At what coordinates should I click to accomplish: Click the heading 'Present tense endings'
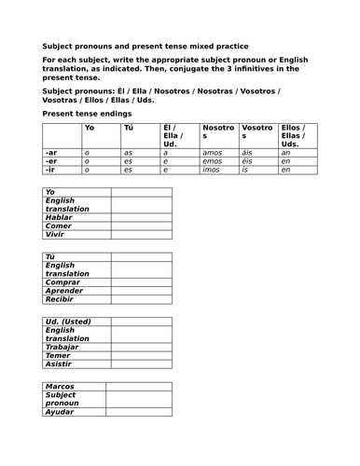click(85, 113)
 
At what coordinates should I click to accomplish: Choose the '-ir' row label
click(50, 170)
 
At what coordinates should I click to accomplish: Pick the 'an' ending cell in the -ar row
click(285, 151)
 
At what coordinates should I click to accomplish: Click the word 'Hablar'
click(59, 217)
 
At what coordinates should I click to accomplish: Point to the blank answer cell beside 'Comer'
click(141, 226)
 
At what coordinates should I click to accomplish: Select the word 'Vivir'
click(55, 235)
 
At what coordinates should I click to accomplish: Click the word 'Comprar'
click(62, 282)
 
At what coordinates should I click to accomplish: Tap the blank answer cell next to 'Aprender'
click(141, 291)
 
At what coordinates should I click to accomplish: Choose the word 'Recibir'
click(61, 300)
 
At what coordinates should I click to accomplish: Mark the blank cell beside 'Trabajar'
click(141, 347)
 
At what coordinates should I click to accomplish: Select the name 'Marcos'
click(61, 386)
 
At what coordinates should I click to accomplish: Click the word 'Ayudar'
click(60, 412)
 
